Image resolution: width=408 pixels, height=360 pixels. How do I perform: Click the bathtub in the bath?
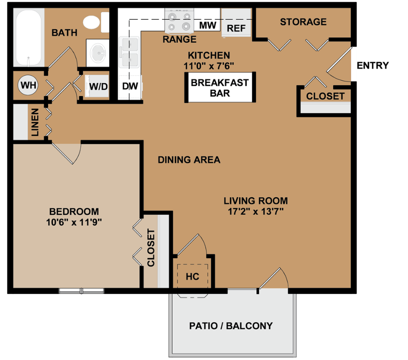[29, 38]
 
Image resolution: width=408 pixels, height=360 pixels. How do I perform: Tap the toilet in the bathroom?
[94, 22]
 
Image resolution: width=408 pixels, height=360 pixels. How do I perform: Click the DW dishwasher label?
[130, 86]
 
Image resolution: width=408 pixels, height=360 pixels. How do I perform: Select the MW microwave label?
[208, 25]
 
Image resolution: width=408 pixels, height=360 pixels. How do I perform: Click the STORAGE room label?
[303, 22]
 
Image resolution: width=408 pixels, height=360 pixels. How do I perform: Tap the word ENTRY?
[373, 66]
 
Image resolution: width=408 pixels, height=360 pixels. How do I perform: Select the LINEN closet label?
[35, 122]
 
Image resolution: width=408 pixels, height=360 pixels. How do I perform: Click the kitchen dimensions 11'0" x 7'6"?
[209, 66]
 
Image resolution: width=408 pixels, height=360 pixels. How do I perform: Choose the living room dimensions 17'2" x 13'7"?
[255, 212]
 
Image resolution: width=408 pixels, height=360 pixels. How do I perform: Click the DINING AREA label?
[189, 160]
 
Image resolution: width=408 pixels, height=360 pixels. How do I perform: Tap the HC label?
[192, 277]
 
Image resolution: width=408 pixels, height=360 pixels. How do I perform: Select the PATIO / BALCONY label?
[230, 326]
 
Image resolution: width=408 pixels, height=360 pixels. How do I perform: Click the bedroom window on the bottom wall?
[81, 291]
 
